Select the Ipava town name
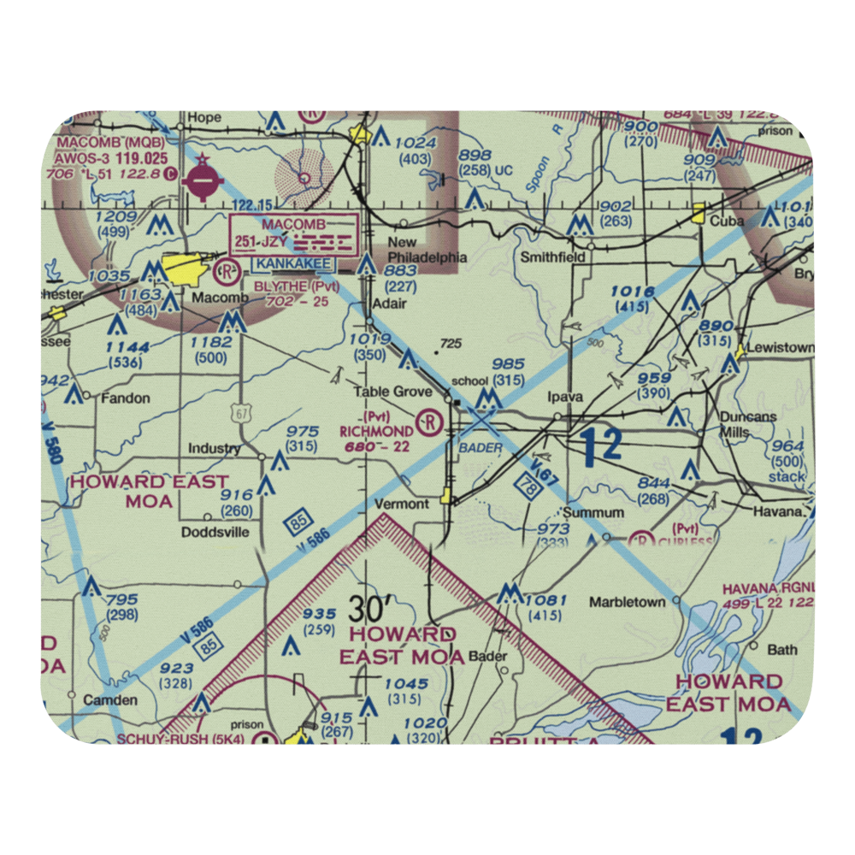click(564, 398)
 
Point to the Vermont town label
click(402, 504)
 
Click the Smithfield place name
click(553, 256)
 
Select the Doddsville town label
click(215, 532)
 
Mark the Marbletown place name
click(627, 602)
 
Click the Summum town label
click(587, 513)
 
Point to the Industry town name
click(214, 449)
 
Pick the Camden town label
click(110, 699)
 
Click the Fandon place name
click(126, 398)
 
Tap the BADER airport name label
click(481, 447)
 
